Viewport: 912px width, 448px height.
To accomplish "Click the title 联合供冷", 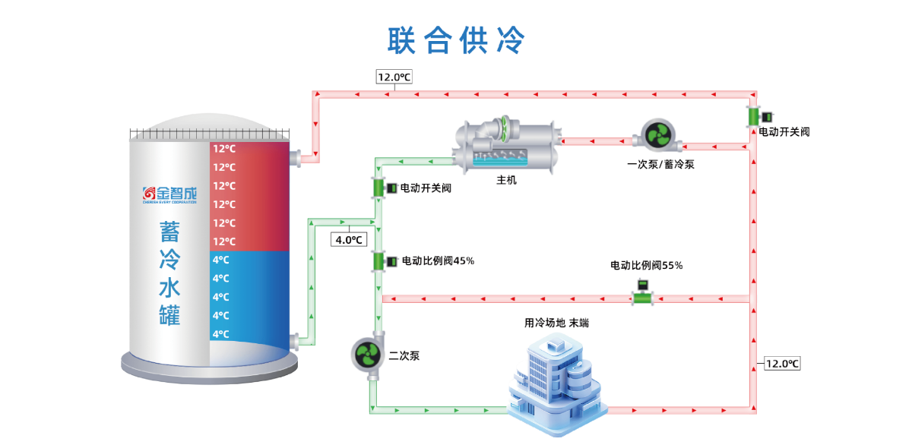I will pyautogui.click(x=456, y=40).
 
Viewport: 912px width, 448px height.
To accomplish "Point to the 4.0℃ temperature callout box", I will pyautogui.click(x=350, y=240).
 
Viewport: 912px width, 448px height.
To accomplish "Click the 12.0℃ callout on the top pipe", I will pyautogui.click(x=394, y=77).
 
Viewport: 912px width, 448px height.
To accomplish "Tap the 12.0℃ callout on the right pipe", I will pyautogui.click(x=782, y=363).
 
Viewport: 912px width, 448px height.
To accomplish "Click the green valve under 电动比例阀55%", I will pyautogui.click(x=643, y=295).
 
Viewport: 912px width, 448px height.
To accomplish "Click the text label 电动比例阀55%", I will pyautogui.click(x=646, y=266).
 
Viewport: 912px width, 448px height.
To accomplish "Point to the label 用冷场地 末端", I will pyautogui.click(x=556, y=323).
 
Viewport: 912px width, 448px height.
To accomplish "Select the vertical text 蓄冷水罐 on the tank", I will pyautogui.click(x=169, y=273).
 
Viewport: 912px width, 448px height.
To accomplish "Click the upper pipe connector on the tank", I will pyautogui.click(x=295, y=158).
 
